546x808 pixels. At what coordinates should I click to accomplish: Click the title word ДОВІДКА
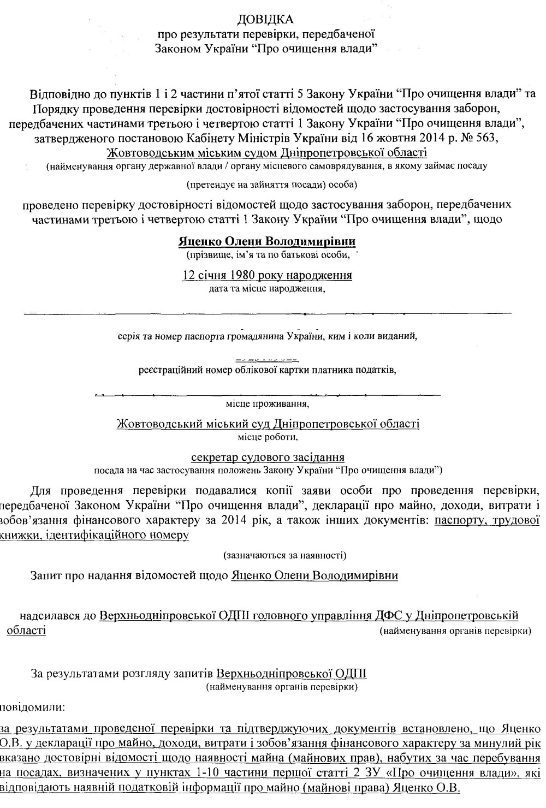266,20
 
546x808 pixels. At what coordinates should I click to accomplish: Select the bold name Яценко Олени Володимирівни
267,241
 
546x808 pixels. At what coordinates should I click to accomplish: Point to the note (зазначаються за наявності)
284,555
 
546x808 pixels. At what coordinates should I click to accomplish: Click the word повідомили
32,708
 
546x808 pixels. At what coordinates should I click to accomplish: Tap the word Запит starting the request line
48,575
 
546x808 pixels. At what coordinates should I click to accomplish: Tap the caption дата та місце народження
267,288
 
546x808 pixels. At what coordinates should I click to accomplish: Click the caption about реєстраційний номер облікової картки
267,370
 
